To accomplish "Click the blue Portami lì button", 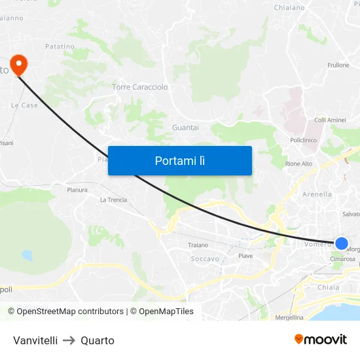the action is coord(179,160).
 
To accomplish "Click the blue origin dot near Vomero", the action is coord(342,243).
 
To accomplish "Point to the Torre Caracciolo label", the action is coord(140,87).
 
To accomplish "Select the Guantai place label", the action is coord(185,128).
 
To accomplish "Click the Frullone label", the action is coord(338,65).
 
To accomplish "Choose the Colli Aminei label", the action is coord(330,120).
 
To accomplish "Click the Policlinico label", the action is coord(303,140).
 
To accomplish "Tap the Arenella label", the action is coord(317,194).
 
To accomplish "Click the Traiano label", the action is coord(198,245).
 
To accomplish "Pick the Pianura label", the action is coord(77,190).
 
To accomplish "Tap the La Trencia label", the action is coord(113,200).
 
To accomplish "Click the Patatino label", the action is coord(60,46).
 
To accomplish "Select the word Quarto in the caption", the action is coord(98,340).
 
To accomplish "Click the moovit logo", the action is coord(321,339).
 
